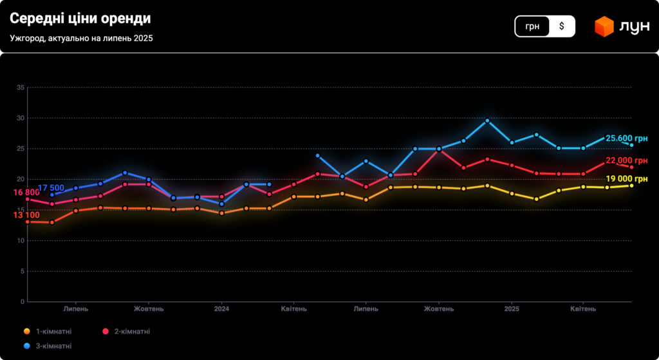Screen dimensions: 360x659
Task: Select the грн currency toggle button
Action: tap(532, 26)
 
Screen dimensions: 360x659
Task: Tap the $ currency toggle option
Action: tap(562, 26)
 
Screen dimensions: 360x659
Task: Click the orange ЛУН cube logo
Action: tap(604, 26)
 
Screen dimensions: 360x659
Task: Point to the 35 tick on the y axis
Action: tap(21, 88)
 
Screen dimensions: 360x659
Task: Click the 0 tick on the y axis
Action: tap(22, 301)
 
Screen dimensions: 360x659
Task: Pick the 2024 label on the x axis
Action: tap(221, 309)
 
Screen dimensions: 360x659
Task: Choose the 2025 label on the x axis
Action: tap(512, 309)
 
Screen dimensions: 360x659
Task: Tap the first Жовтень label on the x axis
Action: tap(149, 309)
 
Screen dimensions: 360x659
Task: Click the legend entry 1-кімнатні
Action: tap(53, 332)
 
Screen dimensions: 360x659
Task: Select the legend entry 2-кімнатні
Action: tap(132, 332)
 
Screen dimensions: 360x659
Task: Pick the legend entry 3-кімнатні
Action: tap(53, 346)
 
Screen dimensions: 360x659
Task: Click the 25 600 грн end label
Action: tap(626, 138)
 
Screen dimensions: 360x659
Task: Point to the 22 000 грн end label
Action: tap(626, 161)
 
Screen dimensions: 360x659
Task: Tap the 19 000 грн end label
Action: tap(626, 179)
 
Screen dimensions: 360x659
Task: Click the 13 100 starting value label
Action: tap(26, 215)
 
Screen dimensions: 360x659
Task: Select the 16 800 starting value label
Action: tap(26, 193)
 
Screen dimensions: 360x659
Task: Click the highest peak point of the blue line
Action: tap(487, 120)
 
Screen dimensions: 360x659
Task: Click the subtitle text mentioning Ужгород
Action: tap(81, 38)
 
